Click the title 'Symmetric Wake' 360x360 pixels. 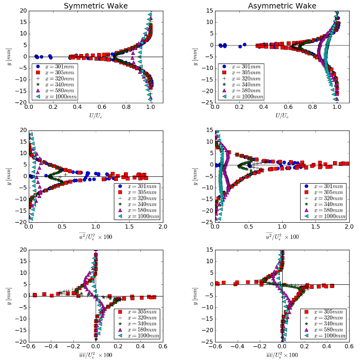point(95,6)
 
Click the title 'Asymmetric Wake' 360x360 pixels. point(282,6)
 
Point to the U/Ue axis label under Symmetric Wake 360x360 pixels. point(95,116)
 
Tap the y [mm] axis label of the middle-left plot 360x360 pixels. point(9,176)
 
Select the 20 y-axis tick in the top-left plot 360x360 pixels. point(22,11)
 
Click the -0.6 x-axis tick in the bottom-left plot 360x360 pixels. point(29,347)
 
